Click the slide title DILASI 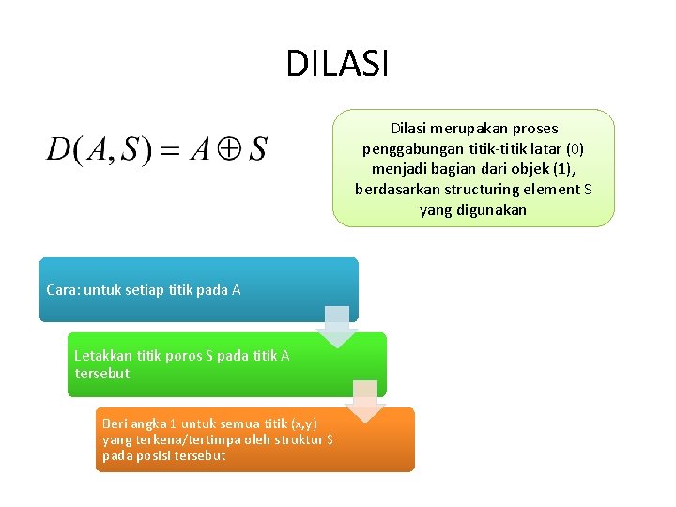point(337,64)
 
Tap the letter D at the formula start point(58,149)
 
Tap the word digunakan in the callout point(493,210)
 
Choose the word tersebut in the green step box point(102,374)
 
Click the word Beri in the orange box point(115,423)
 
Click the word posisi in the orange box point(153,455)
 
